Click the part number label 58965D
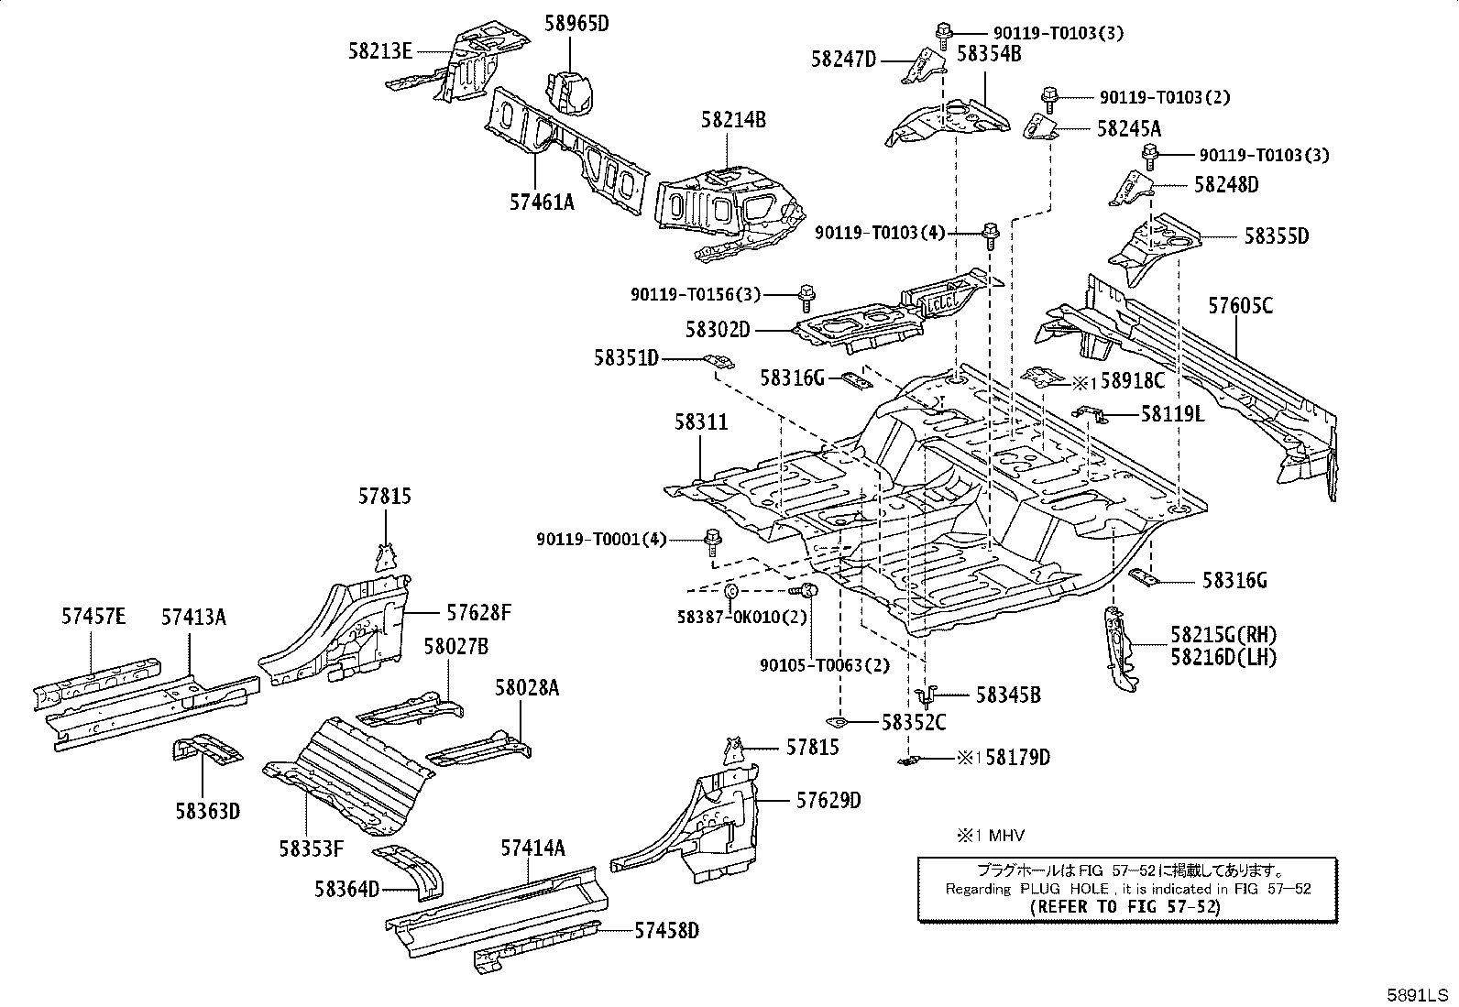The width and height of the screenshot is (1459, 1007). coord(576,24)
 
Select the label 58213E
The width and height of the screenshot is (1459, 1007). coord(379,51)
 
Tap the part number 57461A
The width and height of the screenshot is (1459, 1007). coord(542,202)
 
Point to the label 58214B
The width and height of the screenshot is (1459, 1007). coord(733,120)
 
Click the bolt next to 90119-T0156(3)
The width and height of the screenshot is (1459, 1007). coord(806,299)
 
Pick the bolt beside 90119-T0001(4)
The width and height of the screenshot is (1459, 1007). coord(713,542)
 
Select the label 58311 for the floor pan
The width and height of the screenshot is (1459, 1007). coord(701,422)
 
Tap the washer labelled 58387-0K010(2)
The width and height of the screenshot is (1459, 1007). coord(730,591)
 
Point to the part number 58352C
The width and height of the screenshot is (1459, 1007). coord(914,722)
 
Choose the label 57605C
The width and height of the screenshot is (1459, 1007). coord(1240,305)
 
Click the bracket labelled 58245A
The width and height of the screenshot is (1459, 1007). coord(1039,126)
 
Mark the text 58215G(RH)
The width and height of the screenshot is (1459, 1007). coord(1223,634)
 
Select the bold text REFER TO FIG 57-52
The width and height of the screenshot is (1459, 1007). coord(1124,907)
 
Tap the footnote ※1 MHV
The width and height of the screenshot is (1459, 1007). coord(990,835)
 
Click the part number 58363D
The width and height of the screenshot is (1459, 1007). coord(208,812)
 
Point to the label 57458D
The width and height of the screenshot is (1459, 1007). coord(667,931)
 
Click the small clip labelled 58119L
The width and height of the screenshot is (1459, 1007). coord(1090,412)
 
